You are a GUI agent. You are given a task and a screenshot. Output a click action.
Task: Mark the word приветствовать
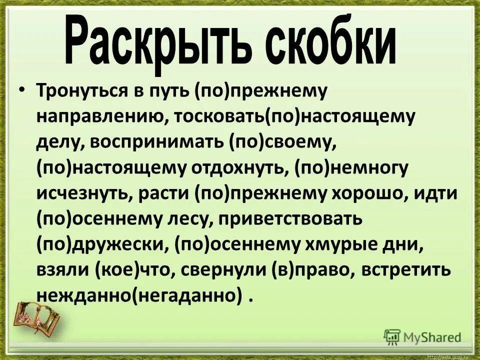tap(287, 219)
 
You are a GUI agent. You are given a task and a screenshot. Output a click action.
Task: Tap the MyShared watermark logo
tap(422, 336)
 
